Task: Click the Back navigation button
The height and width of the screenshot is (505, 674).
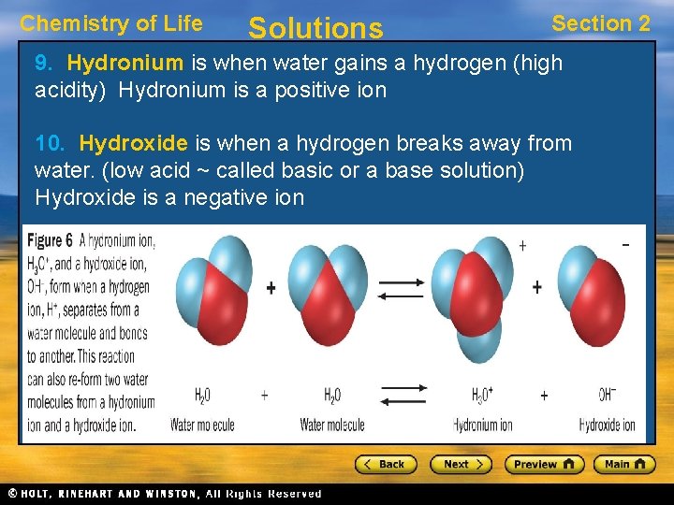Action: (x=384, y=464)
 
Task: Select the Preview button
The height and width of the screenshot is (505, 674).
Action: (x=544, y=464)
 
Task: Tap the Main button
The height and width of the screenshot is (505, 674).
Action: (x=624, y=464)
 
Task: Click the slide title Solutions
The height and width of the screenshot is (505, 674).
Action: (x=315, y=28)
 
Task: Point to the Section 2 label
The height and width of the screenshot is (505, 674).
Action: (x=600, y=23)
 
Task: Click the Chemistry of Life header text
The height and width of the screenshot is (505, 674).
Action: (x=111, y=23)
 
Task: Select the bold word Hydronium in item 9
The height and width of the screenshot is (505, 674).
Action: (x=125, y=64)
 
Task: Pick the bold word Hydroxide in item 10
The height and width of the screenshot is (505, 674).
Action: (x=134, y=143)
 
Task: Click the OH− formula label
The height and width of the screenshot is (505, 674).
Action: (x=607, y=396)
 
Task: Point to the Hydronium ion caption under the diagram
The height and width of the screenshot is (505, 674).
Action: (x=483, y=426)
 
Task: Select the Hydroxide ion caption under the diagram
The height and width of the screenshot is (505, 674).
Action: (x=607, y=426)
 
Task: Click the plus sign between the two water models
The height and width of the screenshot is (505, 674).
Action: (x=271, y=288)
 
